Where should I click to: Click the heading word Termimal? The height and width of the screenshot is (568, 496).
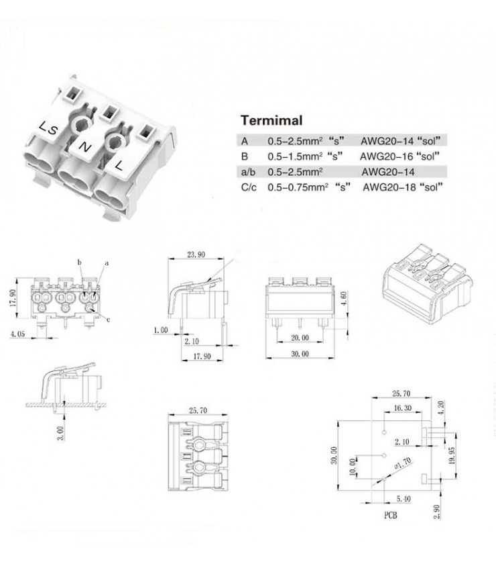[x=271, y=121]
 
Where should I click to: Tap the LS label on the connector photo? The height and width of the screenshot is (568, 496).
[x=47, y=127]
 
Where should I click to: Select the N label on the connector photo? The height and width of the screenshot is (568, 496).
[x=85, y=146]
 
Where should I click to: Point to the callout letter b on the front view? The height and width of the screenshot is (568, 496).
[x=78, y=261]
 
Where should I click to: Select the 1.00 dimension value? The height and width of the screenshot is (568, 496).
[x=161, y=330]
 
